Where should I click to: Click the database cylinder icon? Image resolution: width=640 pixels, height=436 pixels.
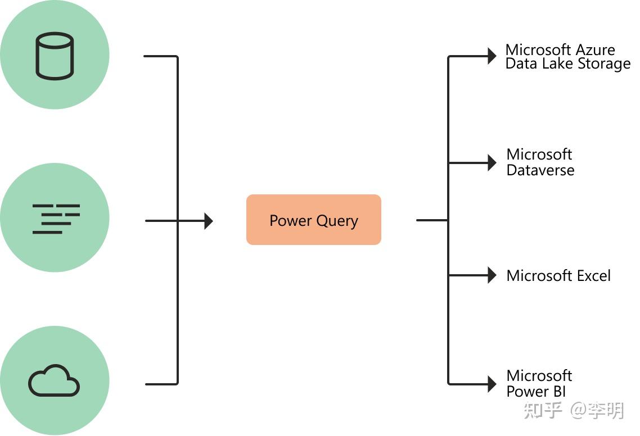(55, 56)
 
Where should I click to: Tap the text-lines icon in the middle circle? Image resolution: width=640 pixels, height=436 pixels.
(56, 219)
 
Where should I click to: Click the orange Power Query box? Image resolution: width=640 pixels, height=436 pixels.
(313, 220)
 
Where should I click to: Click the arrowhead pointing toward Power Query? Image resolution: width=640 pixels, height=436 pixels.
(209, 221)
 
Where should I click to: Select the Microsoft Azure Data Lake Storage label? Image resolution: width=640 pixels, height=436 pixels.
(567, 57)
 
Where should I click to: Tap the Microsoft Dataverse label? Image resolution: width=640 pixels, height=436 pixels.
(540, 162)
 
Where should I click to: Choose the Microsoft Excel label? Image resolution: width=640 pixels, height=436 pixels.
(558, 275)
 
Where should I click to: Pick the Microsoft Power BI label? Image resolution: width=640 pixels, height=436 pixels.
(539, 383)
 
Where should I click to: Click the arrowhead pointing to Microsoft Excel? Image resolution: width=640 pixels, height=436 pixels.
(492, 275)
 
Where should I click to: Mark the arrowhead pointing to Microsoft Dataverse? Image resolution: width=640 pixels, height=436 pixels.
(492, 163)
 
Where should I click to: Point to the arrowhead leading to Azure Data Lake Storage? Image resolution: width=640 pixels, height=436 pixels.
(492, 56)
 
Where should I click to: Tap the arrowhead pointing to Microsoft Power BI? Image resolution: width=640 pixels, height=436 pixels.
(492, 384)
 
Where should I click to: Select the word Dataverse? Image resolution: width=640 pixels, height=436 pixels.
(540, 170)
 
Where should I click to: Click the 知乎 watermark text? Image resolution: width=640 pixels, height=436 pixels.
(543, 411)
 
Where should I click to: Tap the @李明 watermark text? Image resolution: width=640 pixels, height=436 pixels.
(597, 411)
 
